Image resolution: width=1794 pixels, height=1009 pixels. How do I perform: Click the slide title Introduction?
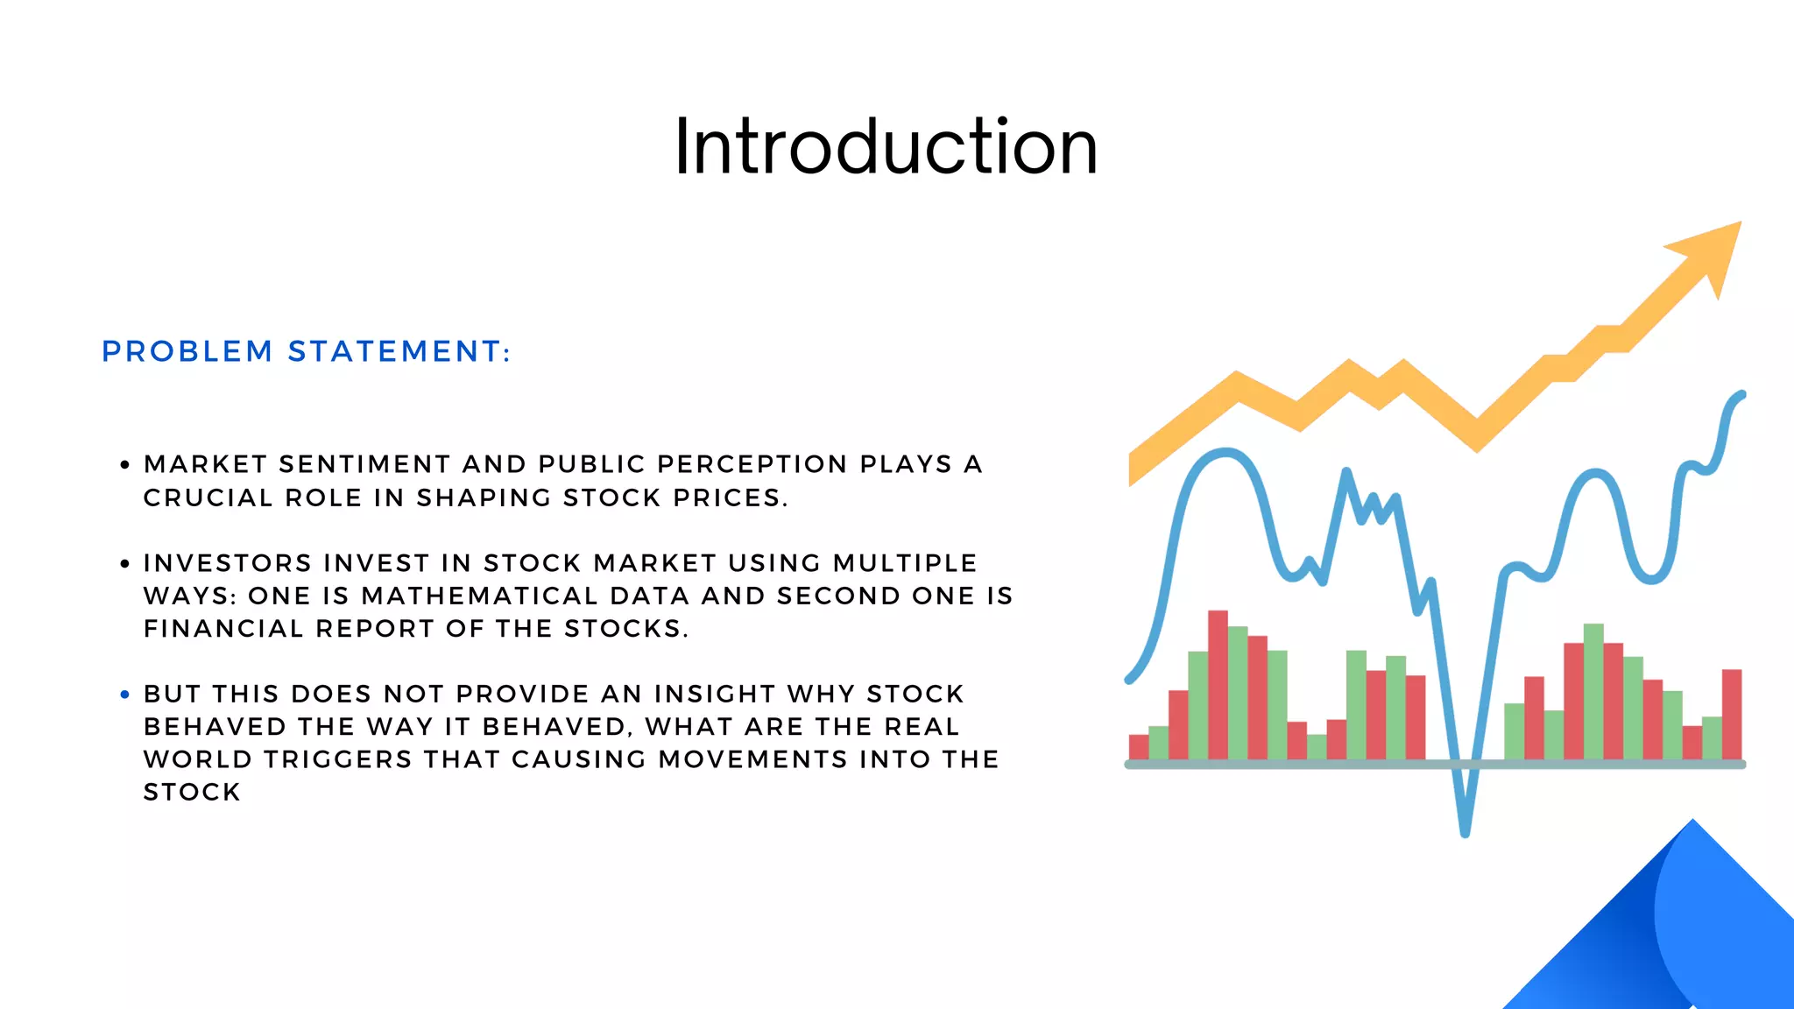pos(886,147)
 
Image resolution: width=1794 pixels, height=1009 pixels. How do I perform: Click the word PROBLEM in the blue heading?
pos(187,352)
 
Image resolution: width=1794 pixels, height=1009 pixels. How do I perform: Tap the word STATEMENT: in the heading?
pos(399,352)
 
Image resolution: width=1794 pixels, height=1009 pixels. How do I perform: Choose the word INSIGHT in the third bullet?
pos(714,694)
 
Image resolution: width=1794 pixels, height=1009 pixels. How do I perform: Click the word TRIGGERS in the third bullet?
pos(337,759)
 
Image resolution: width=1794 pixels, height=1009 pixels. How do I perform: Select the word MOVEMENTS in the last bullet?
pos(753,759)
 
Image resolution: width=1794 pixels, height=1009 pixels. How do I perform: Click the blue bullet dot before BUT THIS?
pos(124,695)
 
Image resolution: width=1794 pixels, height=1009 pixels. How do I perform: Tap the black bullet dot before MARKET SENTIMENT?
pos(124,465)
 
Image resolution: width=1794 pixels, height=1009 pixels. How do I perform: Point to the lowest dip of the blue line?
pos(1465,828)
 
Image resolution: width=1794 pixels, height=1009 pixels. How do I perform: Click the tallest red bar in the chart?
pos(1218,683)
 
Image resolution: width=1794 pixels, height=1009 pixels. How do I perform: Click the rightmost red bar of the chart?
pos(1732,714)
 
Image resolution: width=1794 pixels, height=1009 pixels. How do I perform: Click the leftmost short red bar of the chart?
pos(1138,746)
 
